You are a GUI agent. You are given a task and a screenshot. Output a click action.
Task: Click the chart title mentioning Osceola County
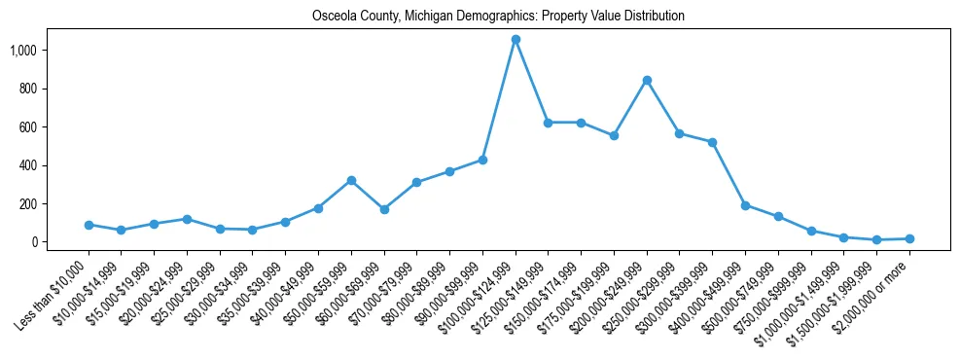click(x=498, y=17)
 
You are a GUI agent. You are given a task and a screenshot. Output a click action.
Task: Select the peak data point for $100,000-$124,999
click(x=516, y=39)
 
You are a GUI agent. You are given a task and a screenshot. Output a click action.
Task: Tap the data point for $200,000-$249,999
click(x=647, y=80)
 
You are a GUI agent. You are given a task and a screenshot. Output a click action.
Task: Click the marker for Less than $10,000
click(x=89, y=225)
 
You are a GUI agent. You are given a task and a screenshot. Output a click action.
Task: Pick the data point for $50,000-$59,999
click(x=351, y=180)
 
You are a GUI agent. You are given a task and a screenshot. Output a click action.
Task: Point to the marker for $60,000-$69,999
click(x=384, y=209)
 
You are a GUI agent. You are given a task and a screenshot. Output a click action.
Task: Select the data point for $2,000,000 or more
click(x=909, y=238)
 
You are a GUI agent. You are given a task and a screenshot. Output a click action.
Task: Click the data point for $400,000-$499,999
click(x=745, y=205)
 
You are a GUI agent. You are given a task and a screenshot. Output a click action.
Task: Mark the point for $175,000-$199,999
click(x=614, y=135)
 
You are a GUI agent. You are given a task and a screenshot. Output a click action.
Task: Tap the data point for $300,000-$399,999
click(x=712, y=142)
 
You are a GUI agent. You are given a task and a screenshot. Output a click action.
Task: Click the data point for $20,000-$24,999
click(x=187, y=219)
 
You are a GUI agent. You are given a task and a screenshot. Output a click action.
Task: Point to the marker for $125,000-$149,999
click(x=549, y=123)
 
